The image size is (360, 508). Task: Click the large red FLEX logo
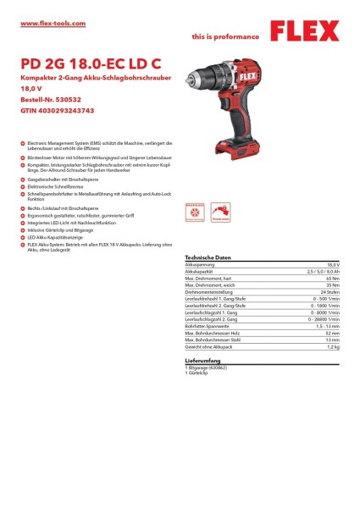[306, 34]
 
